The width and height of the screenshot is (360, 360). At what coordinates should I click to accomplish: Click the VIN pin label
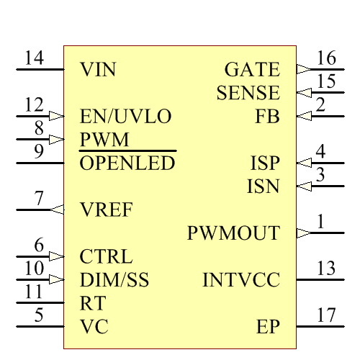98,70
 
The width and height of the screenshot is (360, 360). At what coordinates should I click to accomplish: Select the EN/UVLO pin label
125,117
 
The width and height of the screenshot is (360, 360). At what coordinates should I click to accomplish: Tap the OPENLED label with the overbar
127,163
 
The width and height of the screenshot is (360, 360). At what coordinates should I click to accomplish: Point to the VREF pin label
106,210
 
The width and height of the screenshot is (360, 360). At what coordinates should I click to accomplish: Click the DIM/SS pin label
114,280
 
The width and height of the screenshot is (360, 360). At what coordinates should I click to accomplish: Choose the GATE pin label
252,70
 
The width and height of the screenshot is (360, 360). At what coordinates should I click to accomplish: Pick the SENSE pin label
248,93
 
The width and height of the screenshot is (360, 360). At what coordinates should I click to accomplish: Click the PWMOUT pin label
233,233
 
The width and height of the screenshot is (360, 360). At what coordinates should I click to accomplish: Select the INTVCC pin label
241,280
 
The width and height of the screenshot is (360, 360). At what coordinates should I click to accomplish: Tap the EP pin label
268,327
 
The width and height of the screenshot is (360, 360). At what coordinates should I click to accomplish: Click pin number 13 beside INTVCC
326,269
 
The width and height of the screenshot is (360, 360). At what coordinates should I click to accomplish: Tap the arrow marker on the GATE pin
303,70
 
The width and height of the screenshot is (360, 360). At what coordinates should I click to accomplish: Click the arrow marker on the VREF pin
57,210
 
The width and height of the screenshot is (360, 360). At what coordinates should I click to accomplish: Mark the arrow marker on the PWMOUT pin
303,233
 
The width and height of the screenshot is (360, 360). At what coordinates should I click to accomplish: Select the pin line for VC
40,327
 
